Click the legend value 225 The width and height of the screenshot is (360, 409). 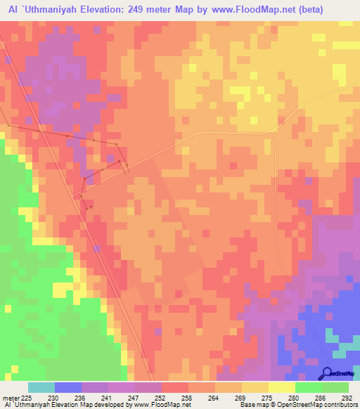tap(27, 397)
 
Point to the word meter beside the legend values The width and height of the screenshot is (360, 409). tap(10, 397)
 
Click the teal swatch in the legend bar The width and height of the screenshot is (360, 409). tap(41, 387)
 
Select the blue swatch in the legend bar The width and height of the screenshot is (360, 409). tap(68, 387)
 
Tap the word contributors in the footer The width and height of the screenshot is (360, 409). tap(340, 405)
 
